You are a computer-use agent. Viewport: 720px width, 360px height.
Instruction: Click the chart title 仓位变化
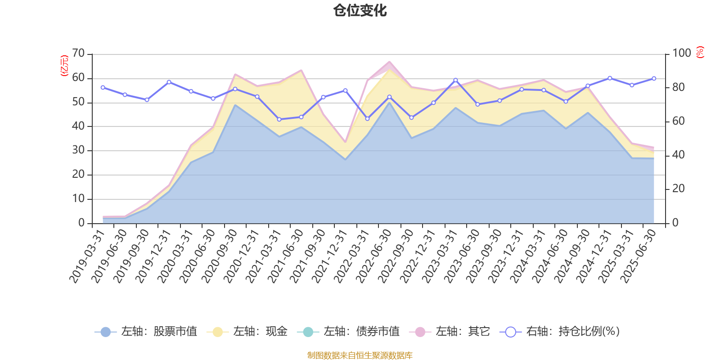pyautogui.click(x=360, y=10)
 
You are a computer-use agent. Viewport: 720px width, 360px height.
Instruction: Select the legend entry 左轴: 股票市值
pyautogui.click(x=146, y=332)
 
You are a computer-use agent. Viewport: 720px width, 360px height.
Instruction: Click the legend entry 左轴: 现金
pyautogui.click(x=247, y=332)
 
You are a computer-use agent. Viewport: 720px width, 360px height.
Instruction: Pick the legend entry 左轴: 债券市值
pyautogui.click(x=348, y=332)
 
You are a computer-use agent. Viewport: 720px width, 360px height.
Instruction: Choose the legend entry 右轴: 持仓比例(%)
pyautogui.click(x=560, y=332)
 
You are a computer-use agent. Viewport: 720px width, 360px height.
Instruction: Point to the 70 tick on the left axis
pyautogui.click(x=78, y=54)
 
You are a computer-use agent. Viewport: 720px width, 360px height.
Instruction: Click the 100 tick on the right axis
pyautogui.click(x=681, y=54)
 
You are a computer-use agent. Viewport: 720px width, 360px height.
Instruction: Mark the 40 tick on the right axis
pyautogui.click(x=678, y=155)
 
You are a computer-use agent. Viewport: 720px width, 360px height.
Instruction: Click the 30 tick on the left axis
pyautogui.click(x=78, y=150)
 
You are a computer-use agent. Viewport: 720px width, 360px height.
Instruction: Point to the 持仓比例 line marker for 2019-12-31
pyautogui.click(x=169, y=82)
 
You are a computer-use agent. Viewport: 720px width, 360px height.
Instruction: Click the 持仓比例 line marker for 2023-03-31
pyautogui.click(x=455, y=80)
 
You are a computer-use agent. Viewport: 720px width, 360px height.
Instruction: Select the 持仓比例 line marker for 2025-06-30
pyautogui.click(x=654, y=79)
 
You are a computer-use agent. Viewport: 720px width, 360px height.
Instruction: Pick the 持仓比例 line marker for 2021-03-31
pyautogui.click(x=279, y=119)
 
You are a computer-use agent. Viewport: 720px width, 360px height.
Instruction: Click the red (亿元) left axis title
pyautogui.click(x=64, y=66)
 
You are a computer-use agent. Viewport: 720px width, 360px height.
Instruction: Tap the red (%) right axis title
pyautogui.click(x=700, y=52)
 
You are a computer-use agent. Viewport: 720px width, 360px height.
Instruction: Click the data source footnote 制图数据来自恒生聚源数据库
pyautogui.click(x=360, y=355)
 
